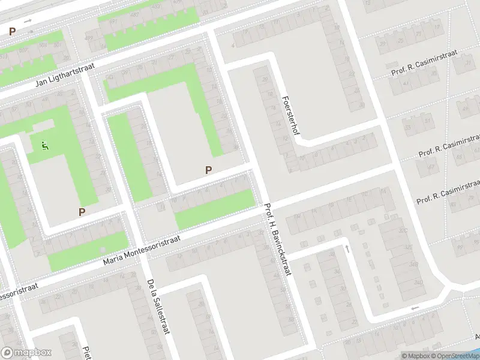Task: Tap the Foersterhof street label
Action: click(x=290, y=113)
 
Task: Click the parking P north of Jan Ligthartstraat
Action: click(x=12, y=31)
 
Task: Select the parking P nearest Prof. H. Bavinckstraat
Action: click(x=208, y=170)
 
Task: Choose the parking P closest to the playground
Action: click(x=82, y=211)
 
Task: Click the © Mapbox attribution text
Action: click(x=416, y=356)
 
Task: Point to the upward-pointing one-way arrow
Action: click(x=346, y=248)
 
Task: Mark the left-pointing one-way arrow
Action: click(x=413, y=308)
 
